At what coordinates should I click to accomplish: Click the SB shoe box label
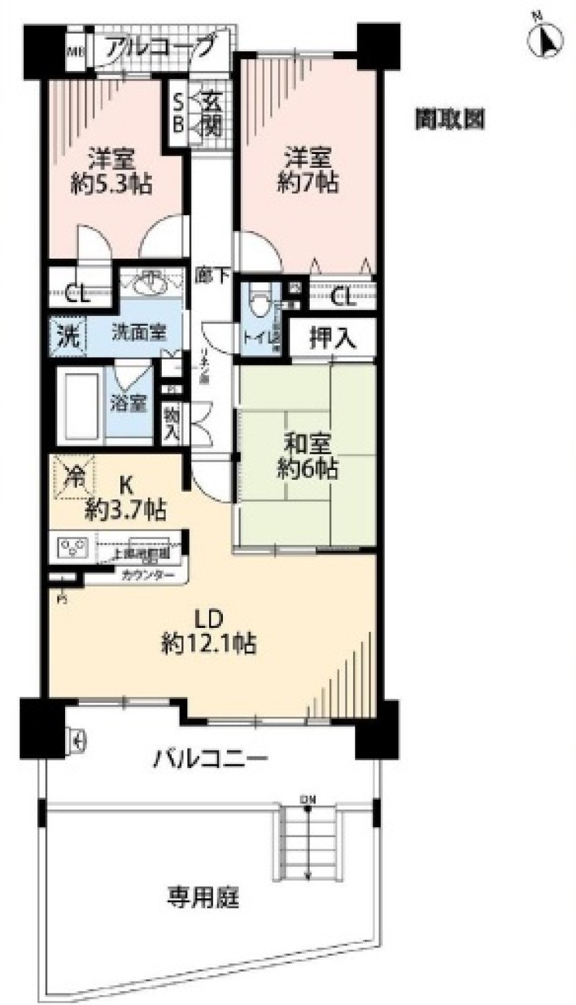click(x=179, y=115)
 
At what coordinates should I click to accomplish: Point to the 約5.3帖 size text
click(x=111, y=185)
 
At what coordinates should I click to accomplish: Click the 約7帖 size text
click(x=308, y=183)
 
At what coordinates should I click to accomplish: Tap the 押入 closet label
click(x=333, y=339)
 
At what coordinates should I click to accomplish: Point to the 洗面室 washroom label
click(x=139, y=333)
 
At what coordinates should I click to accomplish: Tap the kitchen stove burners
click(x=73, y=546)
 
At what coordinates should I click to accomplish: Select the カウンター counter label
click(x=148, y=574)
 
